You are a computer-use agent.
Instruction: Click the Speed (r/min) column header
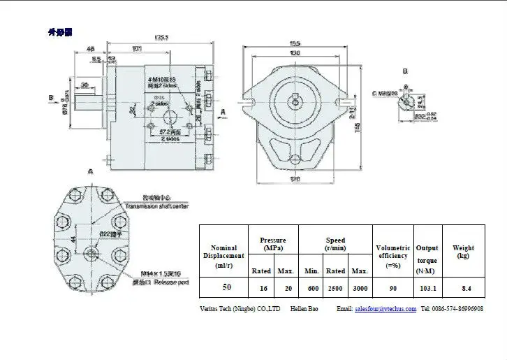tap(335, 244)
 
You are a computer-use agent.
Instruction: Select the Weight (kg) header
tap(463, 252)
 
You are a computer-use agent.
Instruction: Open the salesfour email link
tap(385, 308)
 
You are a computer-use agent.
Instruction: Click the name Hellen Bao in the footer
tap(304, 308)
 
